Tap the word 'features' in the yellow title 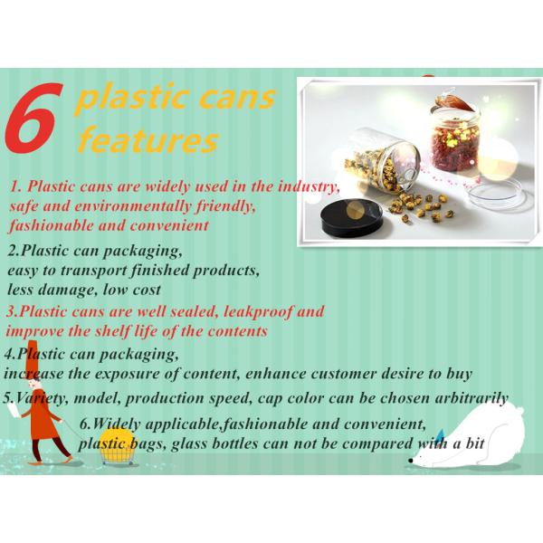tap(148, 140)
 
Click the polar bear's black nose tap(411, 461)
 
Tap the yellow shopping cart tap(117, 447)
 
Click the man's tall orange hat tap(33, 360)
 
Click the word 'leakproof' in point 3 tap(257, 311)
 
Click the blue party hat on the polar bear tap(441, 434)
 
